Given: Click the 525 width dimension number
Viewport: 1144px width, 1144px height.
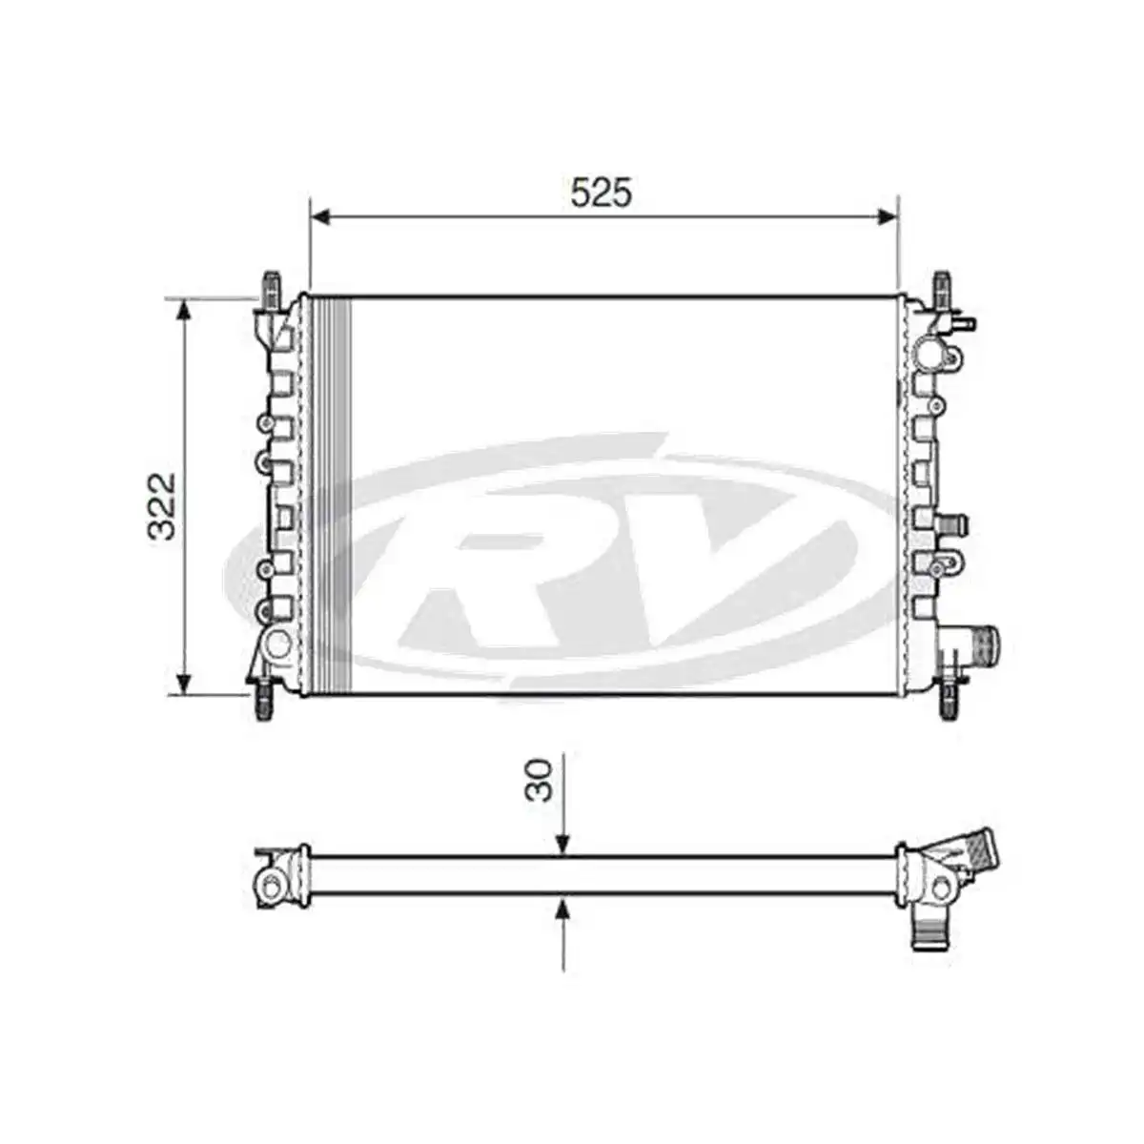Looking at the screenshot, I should click(601, 193).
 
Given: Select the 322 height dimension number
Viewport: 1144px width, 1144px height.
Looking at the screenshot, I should click(163, 505).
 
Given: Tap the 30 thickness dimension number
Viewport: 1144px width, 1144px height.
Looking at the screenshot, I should click(541, 779).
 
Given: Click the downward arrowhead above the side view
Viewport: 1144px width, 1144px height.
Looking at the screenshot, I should click(563, 843).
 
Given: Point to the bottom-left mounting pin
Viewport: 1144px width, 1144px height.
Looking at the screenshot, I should click(264, 703).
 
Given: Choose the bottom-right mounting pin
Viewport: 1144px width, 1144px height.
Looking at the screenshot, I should click(950, 703).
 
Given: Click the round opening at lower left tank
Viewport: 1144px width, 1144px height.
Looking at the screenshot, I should click(276, 643).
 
